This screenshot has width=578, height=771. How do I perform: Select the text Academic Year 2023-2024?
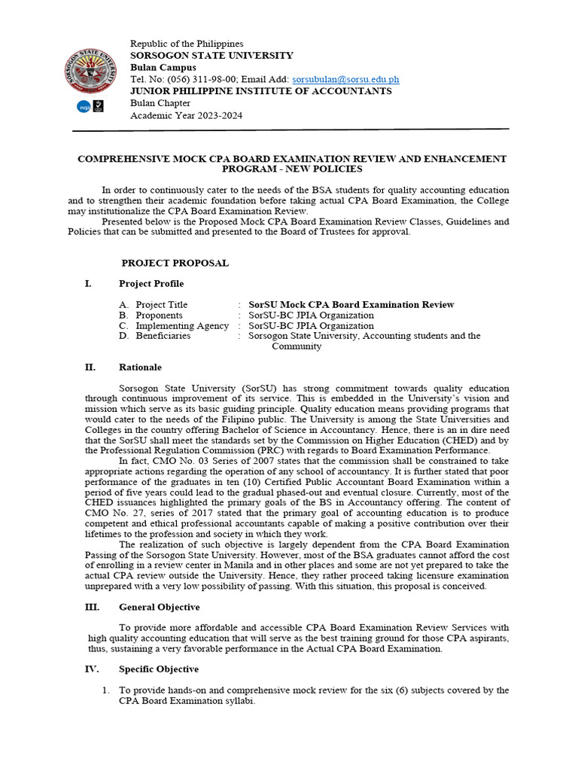pyautogui.click(x=187, y=115)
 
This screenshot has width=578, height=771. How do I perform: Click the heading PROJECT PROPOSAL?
pyautogui.click(x=175, y=264)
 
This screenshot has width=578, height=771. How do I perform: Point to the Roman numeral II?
pyautogui.click(x=90, y=367)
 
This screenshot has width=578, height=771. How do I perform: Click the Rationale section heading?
pyautogui.click(x=140, y=367)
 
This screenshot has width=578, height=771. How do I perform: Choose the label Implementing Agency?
pyautogui.click(x=182, y=325)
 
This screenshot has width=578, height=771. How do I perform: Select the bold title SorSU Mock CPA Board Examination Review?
pyautogui.click(x=351, y=304)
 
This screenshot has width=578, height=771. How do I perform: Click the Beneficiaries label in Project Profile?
pyautogui.click(x=163, y=336)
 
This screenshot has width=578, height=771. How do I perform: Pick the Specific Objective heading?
pyautogui.click(x=159, y=669)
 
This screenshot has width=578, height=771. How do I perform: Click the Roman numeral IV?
pyautogui.click(x=91, y=669)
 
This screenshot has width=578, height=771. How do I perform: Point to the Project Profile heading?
pyautogui.click(x=151, y=284)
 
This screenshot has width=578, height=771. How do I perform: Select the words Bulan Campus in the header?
pyautogui.click(x=163, y=68)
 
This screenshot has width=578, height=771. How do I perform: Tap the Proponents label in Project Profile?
pyautogui.click(x=159, y=315)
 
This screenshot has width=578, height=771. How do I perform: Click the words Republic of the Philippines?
pyautogui.click(x=187, y=44)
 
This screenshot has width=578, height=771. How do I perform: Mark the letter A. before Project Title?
pyautogui.click(x=123, y=304)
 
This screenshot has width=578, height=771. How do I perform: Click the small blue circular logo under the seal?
pyautogui.click(x=84, y=107)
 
